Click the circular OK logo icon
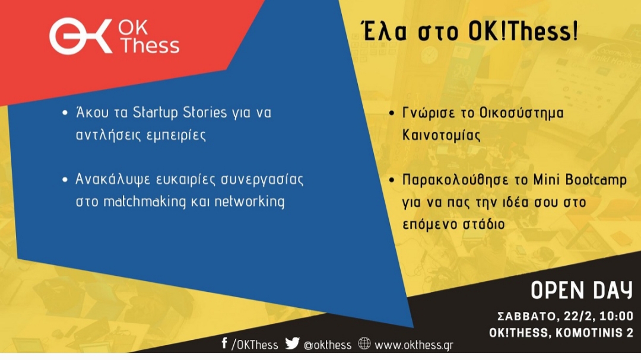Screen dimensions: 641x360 (x=81, y=36)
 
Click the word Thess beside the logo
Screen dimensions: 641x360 (x=150, y=45)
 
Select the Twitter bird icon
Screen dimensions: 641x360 (x=292, y=343)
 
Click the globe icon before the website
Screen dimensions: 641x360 (x=364, y=343)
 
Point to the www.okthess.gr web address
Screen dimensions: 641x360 (x=414, y=345)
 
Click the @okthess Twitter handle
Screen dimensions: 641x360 (x=328, y=345)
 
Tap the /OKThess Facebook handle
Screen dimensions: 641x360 (x=255, y=345)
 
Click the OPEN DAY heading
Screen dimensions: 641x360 (x=582, y=291)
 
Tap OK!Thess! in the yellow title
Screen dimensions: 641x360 (x=523, y=31)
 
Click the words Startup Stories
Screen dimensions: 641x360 (x=180, y=113)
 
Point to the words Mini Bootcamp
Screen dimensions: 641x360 (x=580, y=180)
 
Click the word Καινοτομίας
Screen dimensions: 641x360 (x=442, y=135)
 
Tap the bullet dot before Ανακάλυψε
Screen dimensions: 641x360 (x=65, y=179)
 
